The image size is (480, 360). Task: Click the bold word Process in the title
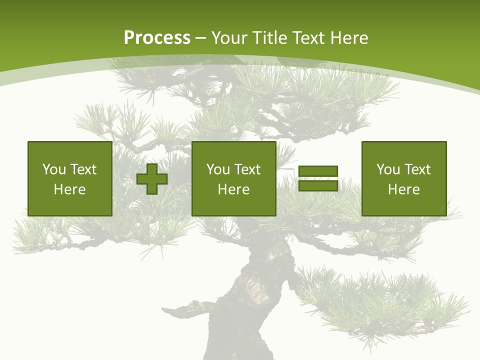pos(157,38)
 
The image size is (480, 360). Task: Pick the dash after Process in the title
pos(200,38)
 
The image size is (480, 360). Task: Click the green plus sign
pos(152,179)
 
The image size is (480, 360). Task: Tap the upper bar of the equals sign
pos(318,171)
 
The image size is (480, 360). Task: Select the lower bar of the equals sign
pos(318,185)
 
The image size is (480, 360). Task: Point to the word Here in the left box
pos(69,189)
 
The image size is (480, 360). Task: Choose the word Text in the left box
pos(83,169)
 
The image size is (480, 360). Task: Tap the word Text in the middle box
pos(247,169)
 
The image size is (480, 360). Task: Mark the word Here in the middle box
pos(233,189)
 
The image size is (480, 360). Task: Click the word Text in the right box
pos(417,169)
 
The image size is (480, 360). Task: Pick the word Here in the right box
pos(403,189)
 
